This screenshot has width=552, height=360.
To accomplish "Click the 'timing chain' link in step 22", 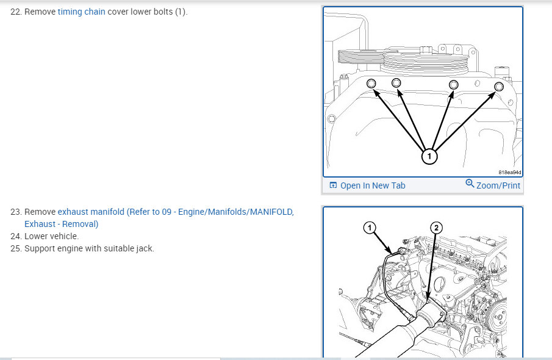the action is [81, 12].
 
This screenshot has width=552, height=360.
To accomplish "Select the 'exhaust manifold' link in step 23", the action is [91, 212].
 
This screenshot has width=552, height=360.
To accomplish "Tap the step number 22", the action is [16, 12].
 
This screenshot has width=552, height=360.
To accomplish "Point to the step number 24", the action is [16, 236].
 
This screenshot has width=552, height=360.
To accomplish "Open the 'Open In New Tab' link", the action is [373, 185].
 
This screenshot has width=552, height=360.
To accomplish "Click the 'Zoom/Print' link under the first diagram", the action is [498, 185].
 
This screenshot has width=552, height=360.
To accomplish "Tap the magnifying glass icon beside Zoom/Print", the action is [470, 183].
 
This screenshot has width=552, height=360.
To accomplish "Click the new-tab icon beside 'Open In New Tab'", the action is [333, 185].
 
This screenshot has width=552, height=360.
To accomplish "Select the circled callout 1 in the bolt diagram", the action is [429, 156].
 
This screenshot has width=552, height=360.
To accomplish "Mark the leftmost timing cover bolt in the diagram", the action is [371, 84].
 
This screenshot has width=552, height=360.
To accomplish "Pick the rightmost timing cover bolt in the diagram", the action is [498, 87].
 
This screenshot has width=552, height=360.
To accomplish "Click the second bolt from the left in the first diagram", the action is [396, 83].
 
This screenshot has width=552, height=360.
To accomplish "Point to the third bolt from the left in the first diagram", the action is [453, 85].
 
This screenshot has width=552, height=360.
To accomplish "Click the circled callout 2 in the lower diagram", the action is [436, 228].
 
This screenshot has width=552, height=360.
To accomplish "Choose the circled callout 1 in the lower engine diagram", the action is [369, 228].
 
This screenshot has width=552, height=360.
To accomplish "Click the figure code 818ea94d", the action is [509, 172].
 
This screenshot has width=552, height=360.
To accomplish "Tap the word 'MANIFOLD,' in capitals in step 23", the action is [272, 212].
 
